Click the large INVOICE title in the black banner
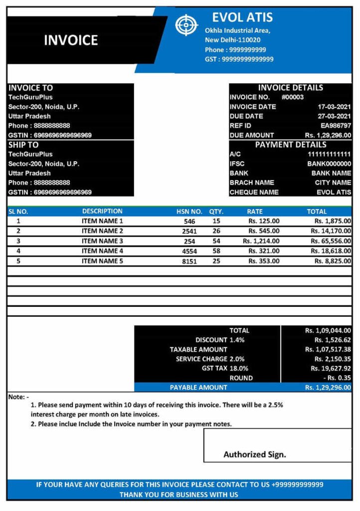point(71,40)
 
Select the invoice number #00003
point(293,97)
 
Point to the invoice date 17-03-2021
point(335,107)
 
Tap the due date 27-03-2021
point(335,116)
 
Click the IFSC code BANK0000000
point(329,164)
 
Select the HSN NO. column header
point(189,212)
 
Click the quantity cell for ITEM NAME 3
point(216,241)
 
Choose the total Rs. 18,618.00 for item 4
point(332,251)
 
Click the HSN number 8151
point(189,261)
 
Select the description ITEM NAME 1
point(102,221)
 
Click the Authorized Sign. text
point(255,455)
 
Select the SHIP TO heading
point(23,145)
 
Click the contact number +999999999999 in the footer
point(297,485)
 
